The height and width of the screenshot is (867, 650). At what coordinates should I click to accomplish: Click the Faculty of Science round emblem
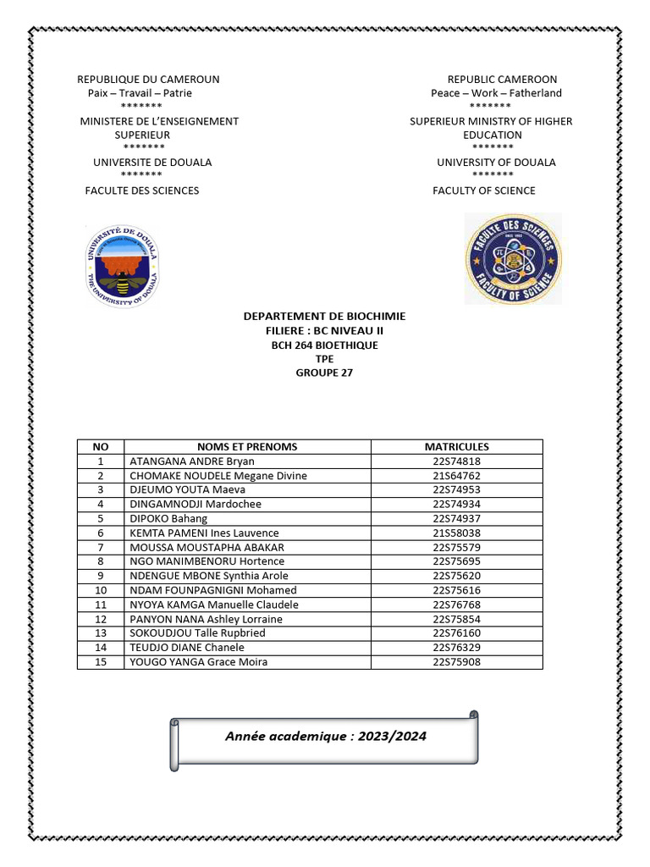(513, 259)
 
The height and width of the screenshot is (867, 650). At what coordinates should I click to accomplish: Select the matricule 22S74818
(456, 461)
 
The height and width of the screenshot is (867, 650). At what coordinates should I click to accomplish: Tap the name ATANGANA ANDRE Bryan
(191, 461)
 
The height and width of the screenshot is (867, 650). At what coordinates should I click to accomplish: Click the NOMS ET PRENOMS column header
(247, 447)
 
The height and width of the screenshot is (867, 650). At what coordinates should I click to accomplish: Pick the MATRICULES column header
(456, 447)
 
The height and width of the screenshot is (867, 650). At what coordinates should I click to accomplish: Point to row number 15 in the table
(100, 662)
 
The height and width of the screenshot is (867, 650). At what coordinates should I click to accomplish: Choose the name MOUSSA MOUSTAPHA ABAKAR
(207, 548)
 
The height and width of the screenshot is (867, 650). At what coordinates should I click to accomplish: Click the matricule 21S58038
(456, 533)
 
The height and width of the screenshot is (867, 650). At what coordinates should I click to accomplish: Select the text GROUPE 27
(324, 373)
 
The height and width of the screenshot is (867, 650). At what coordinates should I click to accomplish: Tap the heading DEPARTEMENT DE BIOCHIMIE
(324, 317)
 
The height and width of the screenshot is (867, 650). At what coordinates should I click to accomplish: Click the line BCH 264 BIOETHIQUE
(324, 345)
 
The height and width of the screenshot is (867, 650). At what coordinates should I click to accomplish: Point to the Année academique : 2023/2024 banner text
(326, 737)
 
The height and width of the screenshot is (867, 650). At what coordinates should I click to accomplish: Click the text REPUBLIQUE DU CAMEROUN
(148, 80)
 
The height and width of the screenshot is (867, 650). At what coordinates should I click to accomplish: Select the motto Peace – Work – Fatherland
(496, 93)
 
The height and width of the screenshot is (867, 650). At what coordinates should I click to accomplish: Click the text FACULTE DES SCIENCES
(142, 191)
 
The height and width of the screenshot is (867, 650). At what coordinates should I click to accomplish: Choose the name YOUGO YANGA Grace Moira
(198, 662)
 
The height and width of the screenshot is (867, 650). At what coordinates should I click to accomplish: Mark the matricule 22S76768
(456, 605)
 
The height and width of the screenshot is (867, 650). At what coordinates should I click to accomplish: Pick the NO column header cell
(100, 447)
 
